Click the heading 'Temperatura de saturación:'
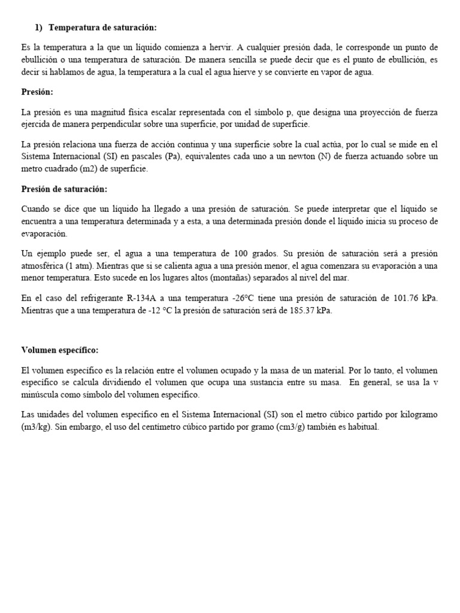tap(102, 28)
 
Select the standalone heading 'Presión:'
tap(37, 92)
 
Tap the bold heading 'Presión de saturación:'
tap(64, 189)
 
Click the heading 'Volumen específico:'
tap(59, 350)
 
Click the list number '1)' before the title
tap(38, 28)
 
